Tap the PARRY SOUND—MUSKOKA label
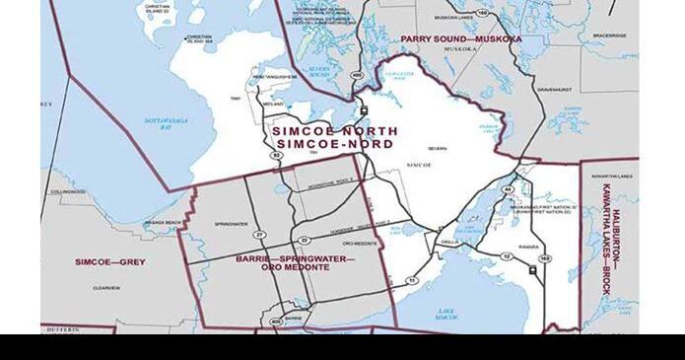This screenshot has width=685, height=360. point(460,38)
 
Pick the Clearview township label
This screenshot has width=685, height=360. point(105,287)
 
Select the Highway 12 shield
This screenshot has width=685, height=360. point(508,256)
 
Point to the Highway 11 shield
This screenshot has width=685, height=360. point(412,280)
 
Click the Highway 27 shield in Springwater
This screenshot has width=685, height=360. point(258,235)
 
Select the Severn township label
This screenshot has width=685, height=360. point(438,148)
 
